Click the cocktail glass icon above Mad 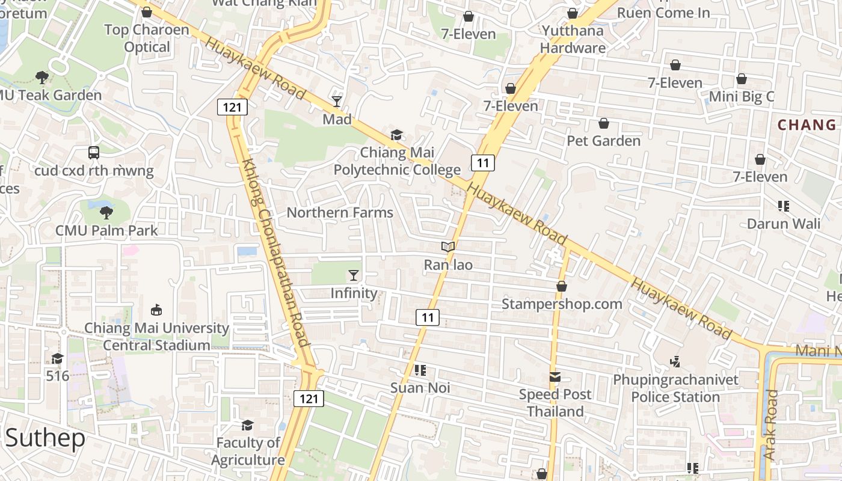point(337,101)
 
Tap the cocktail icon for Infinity point(353,275)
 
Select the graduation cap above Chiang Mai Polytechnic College point(396,135)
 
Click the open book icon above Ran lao point(448,247)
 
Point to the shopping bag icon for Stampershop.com point(562,286)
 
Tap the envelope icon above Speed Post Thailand point(555,377)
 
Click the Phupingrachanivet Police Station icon point(675,361)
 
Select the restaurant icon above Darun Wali point(783,206)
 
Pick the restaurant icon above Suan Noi point(420,370)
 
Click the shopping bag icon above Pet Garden point(604,123)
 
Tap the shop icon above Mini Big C point(742,79)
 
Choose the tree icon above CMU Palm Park point(106,212)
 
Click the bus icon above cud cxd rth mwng point(94,153)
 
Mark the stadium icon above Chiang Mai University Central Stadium point(156,310)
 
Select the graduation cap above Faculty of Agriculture point(247,425)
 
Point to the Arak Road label point(770,425)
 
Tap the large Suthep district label point(46,438)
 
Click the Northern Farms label point(340,212)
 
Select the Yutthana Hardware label point(573,39)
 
